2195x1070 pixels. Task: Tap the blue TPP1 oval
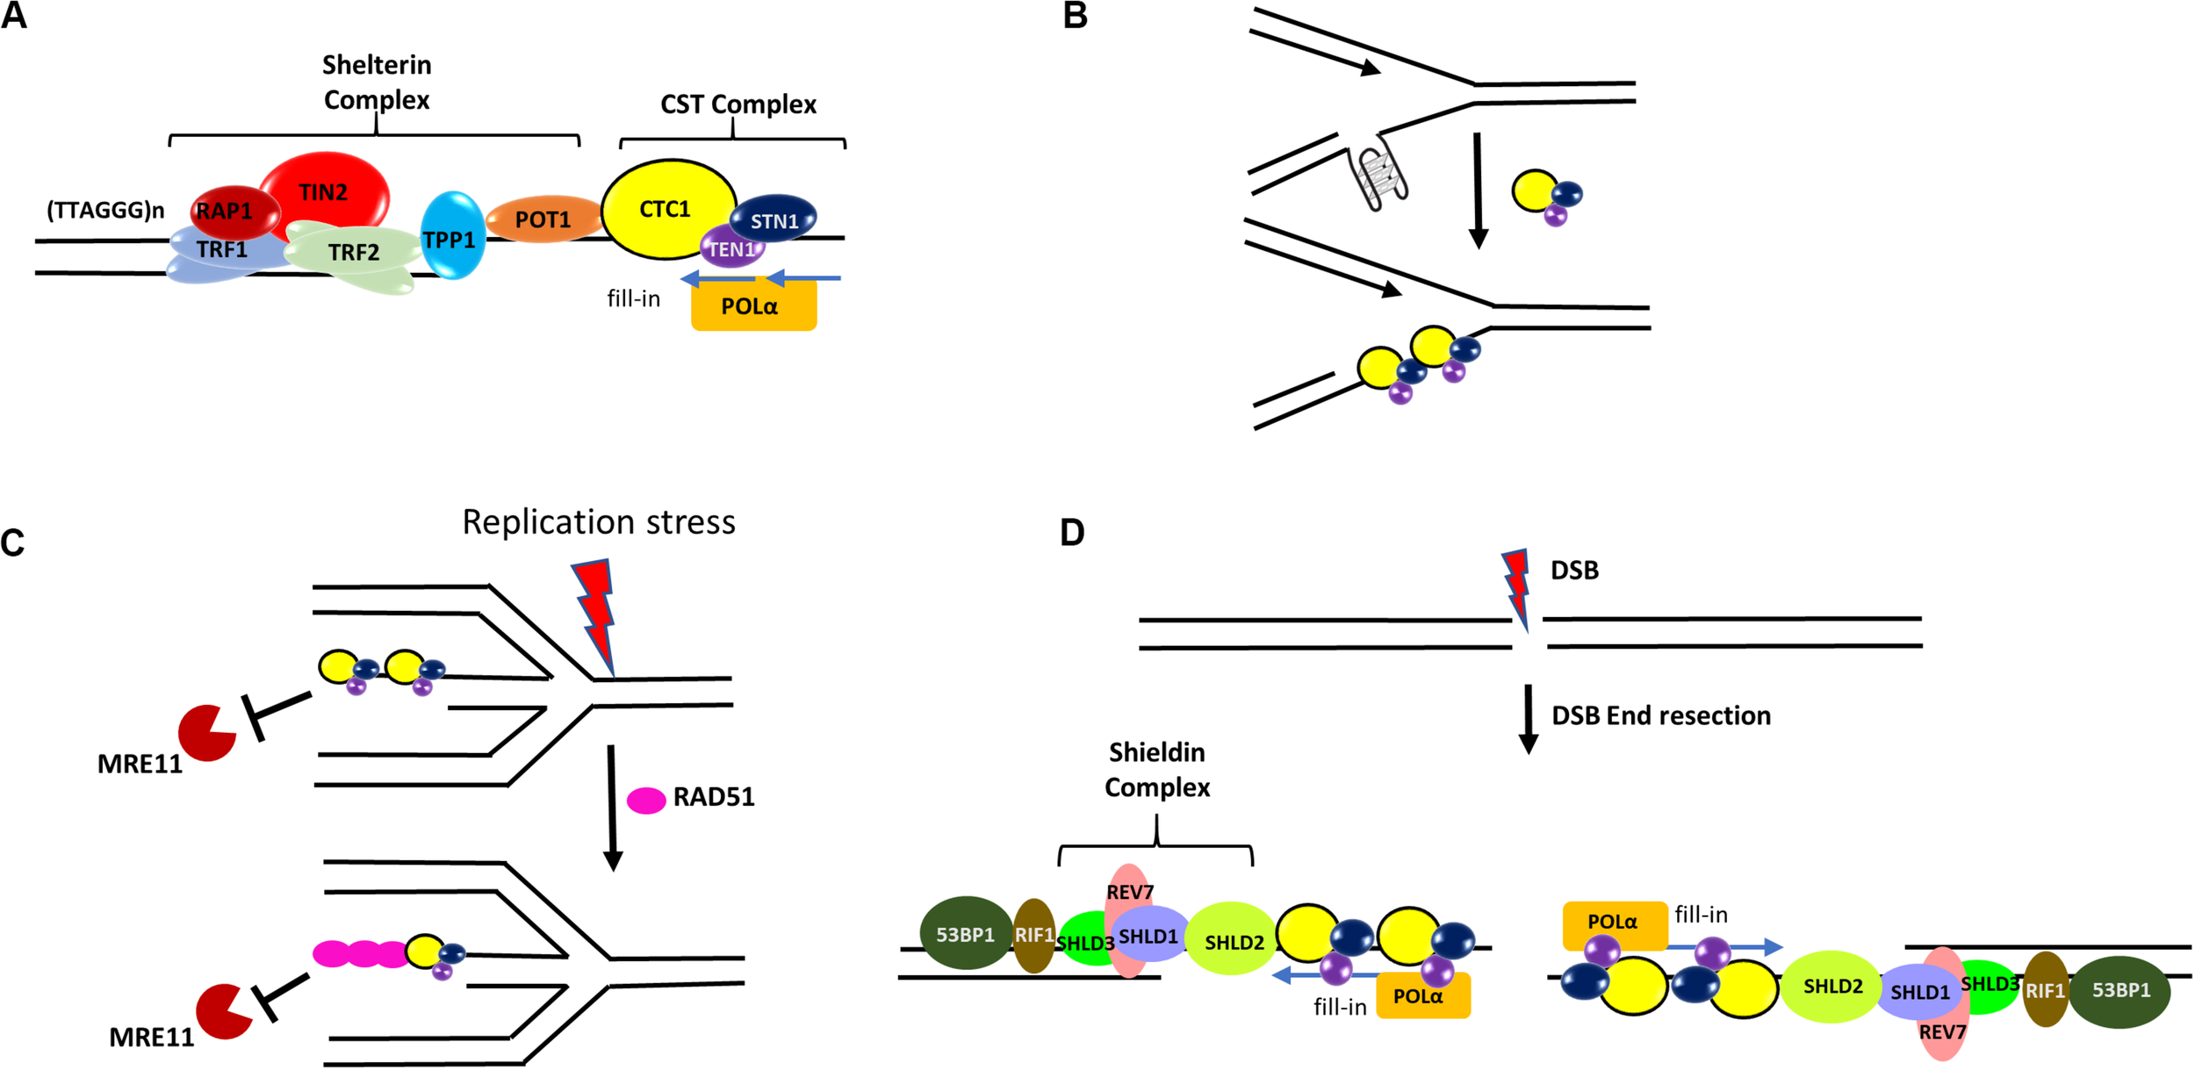pyautogui.click(x=451, y=236)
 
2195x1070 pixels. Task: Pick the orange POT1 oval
pyautogui.click(x=543, y=219)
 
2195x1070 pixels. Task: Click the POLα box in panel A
pyautogui.click(x=752, y=307)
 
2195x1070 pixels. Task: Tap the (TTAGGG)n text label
pyautogui.click(x=105, y=210)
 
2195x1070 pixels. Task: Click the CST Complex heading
pyautogui.click(x=738, y=104)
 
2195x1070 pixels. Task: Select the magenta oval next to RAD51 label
pyautogui.click(x=645, y=800)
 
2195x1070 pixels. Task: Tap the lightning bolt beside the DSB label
pyautogui.click(x=1517, y=586)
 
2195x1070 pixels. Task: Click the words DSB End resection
pyautogui.click(x=1660, y=715)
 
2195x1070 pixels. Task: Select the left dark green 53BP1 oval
pyautogui.click(x=966, y=934)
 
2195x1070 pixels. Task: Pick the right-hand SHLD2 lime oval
pyautogui.click(x=1832, y=987)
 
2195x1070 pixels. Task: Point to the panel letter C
pyautogui.click(x=12, y=542)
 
